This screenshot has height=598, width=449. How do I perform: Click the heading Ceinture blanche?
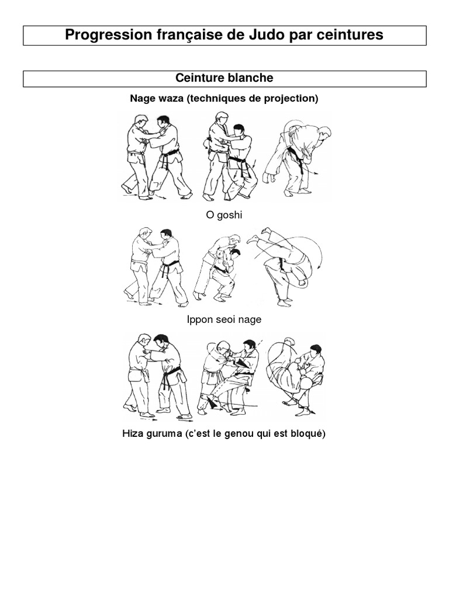tap(224, 78)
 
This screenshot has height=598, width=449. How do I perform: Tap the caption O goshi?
tap(224, 215)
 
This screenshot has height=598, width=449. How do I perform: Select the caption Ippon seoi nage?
tap(224, 319)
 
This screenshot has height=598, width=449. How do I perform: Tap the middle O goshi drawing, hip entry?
tap(230, 157)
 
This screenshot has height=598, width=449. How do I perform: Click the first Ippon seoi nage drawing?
tap(156, 266)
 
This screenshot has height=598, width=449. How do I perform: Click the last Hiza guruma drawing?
tap(295, 376)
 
